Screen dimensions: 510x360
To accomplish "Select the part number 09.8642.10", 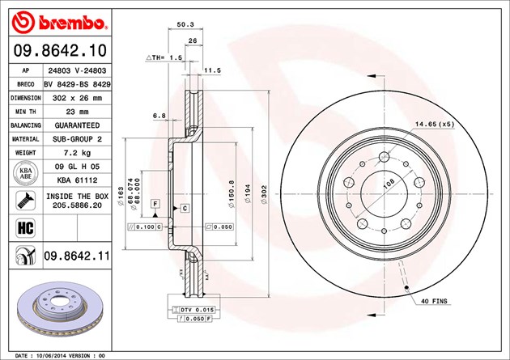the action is [x=60, y=51].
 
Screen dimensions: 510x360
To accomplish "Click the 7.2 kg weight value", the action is [x=77, y=153].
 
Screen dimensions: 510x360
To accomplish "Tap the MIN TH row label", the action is [x=25, y=112].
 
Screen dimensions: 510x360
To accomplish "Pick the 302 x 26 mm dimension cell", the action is [x=77, y=98].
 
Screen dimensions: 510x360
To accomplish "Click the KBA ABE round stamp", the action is [x=26, y=173].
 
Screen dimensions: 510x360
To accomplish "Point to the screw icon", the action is [x=25, y=201].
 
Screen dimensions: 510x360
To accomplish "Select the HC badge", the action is [x=25, y=228].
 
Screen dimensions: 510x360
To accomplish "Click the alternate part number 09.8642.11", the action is [x=77, y=256].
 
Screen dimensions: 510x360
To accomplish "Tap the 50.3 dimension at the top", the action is [x=185, y=24].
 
